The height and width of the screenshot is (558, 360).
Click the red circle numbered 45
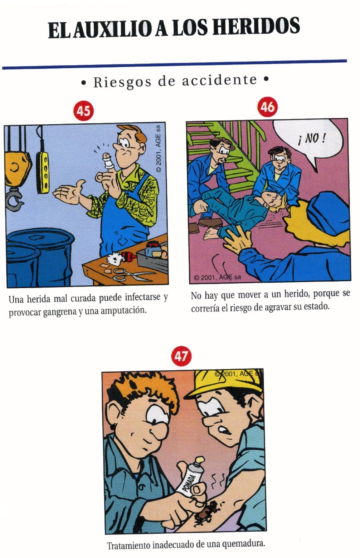coord(84,111)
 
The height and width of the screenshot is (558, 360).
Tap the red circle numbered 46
coord(268,107)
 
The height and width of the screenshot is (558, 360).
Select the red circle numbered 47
coord(181,356)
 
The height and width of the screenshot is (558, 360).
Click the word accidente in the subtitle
coord(219,80)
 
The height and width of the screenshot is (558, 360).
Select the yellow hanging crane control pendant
coord(43,172)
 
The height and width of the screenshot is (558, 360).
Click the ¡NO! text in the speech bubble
coord(312,139)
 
